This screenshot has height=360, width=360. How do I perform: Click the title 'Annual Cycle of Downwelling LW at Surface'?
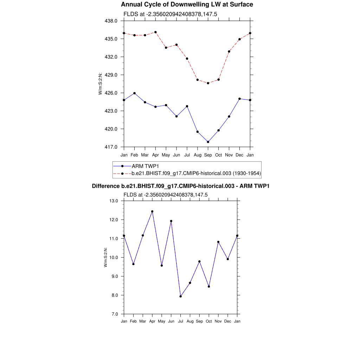187,5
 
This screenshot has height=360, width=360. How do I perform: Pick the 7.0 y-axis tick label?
114,314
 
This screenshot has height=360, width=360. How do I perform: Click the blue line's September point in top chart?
208,142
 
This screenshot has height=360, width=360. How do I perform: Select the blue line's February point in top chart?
134,93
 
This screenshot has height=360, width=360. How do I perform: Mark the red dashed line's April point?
155,32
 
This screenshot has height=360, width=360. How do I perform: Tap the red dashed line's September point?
208,83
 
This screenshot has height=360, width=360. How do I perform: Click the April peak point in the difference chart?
152,211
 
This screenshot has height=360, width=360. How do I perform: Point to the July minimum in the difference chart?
181,296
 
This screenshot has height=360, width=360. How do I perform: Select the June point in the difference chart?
171,221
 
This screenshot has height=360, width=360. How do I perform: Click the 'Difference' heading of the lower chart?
180,186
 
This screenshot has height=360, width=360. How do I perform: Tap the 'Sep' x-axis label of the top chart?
208,155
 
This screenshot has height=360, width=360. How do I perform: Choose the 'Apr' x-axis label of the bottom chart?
152,321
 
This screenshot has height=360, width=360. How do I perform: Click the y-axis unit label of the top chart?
101,84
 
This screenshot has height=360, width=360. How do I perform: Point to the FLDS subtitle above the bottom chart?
166,194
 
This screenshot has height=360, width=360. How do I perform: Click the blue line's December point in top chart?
239,99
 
